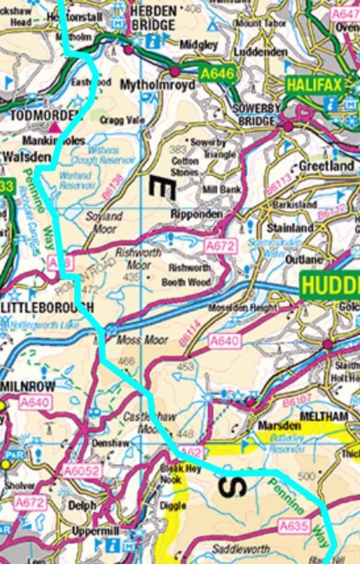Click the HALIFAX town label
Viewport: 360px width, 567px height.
(x=315, y=85)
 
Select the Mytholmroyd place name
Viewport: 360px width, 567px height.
(x=158, y=85)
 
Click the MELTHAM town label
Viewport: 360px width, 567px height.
(x=323, y=415)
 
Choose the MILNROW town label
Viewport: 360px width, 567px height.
(x=27, y=386)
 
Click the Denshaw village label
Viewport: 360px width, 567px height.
(x=108, y=443)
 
